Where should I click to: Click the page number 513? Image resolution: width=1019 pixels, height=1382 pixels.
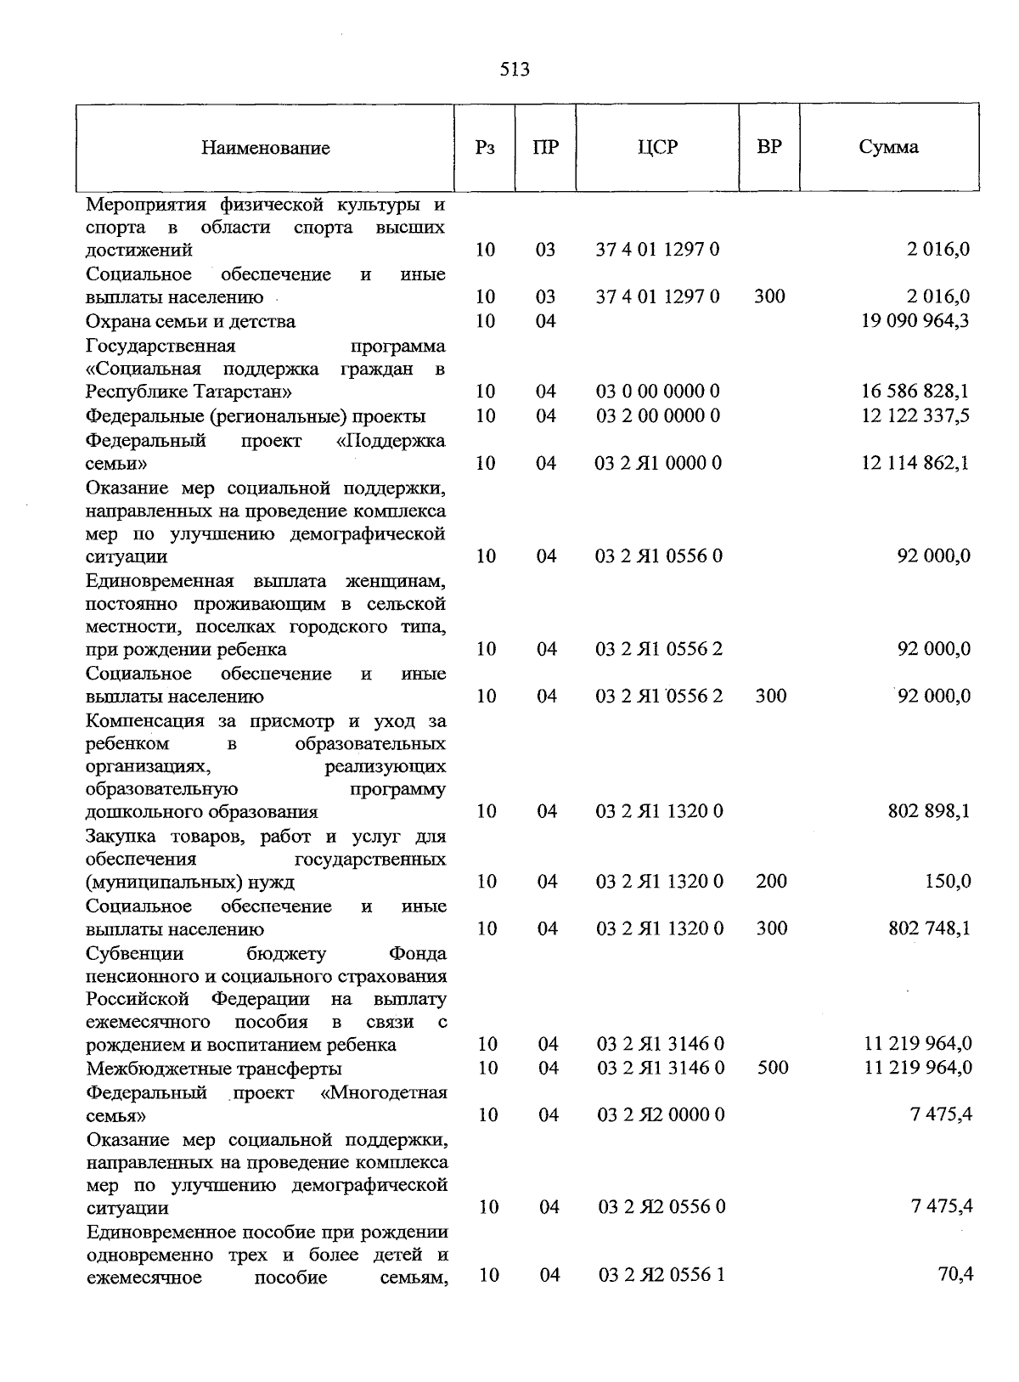[515, 70]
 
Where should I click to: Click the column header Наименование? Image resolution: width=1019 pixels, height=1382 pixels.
[265, 149]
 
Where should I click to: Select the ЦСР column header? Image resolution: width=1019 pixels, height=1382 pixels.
[657, 147]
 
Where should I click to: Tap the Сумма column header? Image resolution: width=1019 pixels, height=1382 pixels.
[888, 147]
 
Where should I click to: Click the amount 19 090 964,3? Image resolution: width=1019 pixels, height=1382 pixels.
[915, 321]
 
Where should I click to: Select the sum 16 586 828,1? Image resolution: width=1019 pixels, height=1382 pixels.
[915, 392]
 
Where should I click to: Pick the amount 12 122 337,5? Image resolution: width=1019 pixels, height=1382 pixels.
[915, 415]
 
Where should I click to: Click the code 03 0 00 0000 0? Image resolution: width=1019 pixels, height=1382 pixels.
[658, 392]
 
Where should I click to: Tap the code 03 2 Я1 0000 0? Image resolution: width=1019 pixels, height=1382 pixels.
[658, 463]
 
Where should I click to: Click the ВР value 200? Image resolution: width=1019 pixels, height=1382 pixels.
[771, 882]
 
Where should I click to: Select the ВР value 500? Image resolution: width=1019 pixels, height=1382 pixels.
[773, 1068]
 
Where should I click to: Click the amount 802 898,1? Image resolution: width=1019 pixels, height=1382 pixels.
[929, 811]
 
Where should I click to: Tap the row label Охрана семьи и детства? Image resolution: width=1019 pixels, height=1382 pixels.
[190, 322]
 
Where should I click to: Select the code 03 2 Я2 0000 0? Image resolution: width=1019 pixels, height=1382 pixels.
[662, 1114]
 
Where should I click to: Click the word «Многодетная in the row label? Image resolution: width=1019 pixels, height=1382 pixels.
[385, 1092]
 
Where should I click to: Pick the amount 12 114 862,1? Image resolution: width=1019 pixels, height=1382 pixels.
[915, 463]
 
